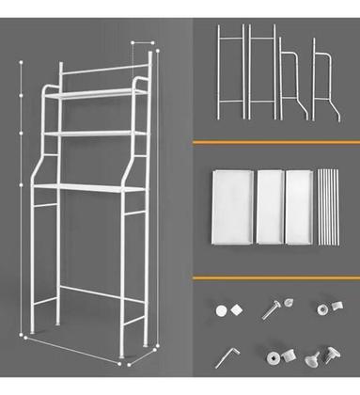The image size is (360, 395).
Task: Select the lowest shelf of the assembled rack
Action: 89,189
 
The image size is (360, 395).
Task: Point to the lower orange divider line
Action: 275,278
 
